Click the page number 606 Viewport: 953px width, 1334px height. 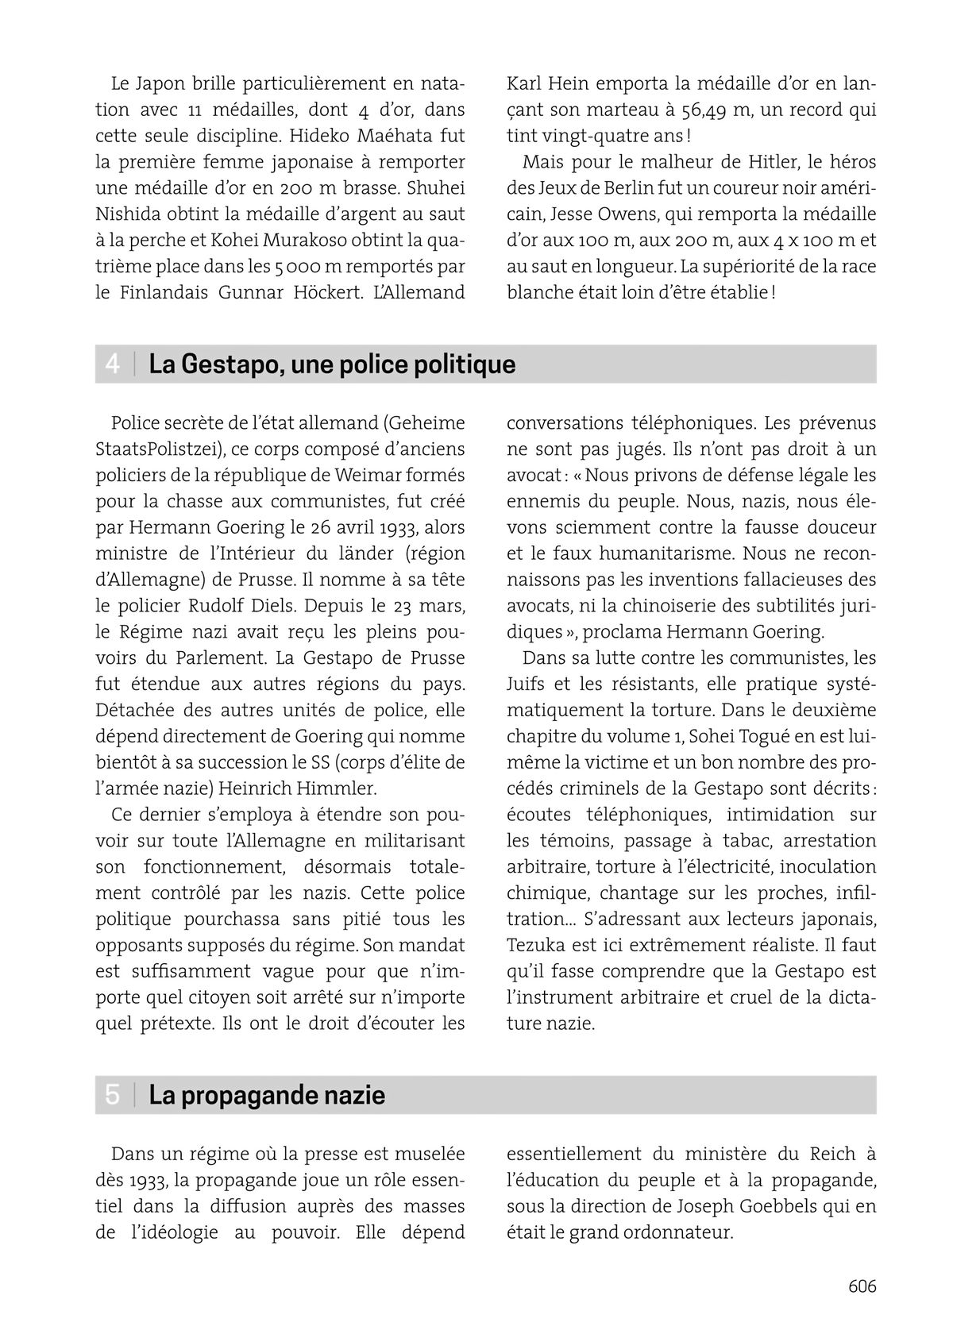tap(862, 1286)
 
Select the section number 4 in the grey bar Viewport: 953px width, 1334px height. tap(113, 364)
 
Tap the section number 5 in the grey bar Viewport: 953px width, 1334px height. tap(113, 1095)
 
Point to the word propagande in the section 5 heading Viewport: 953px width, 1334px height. tap(249, 1096)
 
